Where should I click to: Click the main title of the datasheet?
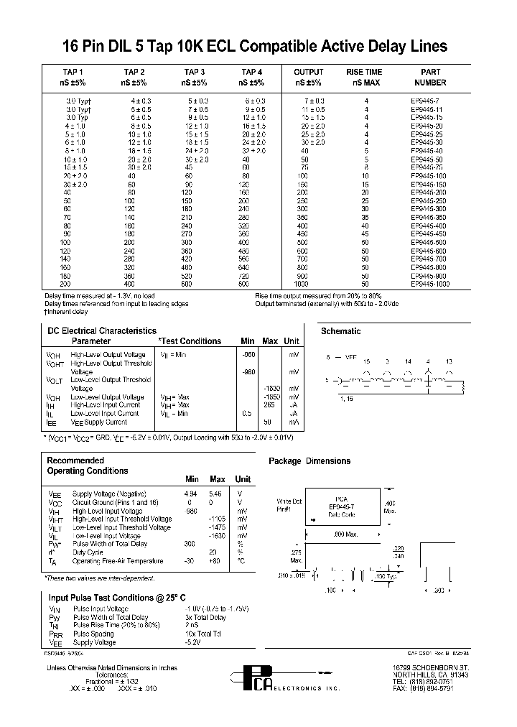[x=258, y=47]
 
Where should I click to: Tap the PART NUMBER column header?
[x=431, y=78]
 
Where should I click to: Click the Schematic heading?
[x=340, y=331]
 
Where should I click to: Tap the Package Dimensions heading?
[x=310, y=461]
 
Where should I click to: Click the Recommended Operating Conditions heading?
[x=87, y=466]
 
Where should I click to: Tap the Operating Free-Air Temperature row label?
[x=116, y=561]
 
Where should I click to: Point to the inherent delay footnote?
[x=67, y=312]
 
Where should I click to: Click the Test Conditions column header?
[x=190, y=341]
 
